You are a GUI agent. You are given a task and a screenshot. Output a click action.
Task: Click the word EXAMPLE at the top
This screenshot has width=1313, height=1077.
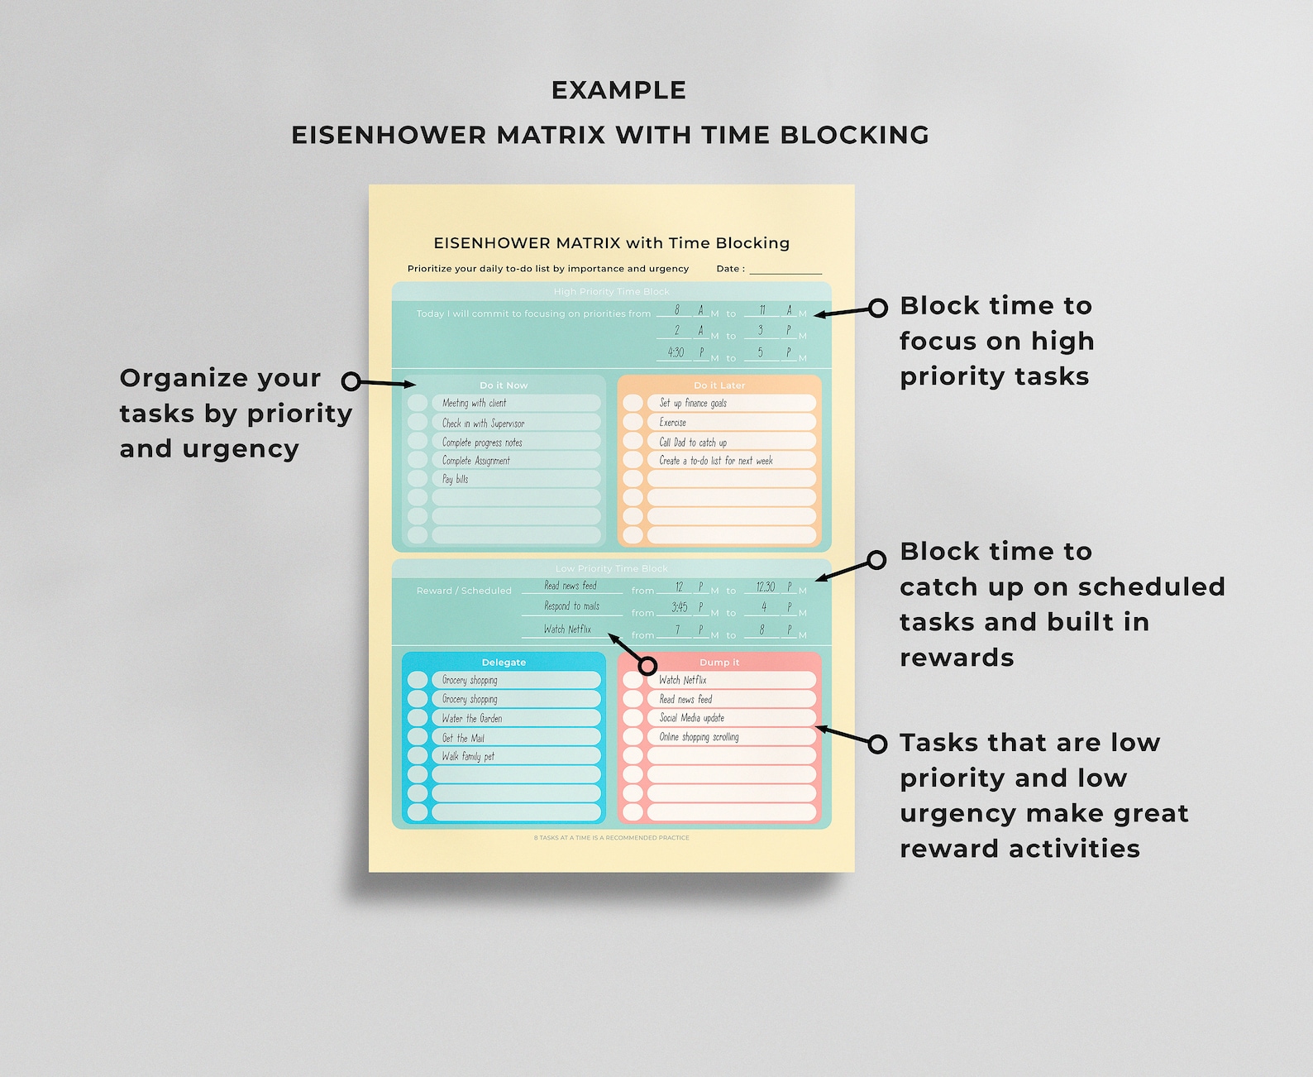point(618,90)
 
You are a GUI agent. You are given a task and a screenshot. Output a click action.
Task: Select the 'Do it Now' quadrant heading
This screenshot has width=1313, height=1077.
point(504,385)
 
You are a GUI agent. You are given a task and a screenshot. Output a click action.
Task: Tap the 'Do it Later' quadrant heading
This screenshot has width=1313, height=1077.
point(719,385)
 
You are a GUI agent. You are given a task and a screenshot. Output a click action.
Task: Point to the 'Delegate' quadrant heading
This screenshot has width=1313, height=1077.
point(504,663)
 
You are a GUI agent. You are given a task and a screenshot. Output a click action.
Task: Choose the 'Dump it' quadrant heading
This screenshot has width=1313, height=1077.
point(719,663)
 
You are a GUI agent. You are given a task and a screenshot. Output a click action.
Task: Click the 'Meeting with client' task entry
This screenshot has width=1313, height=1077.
point(475,403)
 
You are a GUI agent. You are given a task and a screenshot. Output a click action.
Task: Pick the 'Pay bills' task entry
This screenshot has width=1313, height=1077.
point(456,479)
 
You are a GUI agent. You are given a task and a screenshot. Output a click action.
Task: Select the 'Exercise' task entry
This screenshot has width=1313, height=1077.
point(673,422)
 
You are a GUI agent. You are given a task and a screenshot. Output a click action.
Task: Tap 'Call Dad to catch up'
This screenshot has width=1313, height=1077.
point(693,442)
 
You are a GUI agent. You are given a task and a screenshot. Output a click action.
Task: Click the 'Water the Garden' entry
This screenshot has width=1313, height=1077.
point(472,718)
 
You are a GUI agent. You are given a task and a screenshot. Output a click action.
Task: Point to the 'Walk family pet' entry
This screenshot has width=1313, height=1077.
point(468,756)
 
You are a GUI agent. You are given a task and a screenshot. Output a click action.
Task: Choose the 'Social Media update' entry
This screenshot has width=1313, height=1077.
point(692,718)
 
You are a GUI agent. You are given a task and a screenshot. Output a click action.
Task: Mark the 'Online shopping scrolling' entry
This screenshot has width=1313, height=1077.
point(699,737)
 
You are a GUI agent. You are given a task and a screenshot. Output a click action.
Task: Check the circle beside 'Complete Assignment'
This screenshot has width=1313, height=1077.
point(418,460)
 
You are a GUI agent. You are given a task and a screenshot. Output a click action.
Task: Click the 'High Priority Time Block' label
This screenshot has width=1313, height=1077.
point(612,291)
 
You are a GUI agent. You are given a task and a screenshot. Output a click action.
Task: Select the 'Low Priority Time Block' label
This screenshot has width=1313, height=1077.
point(612,568)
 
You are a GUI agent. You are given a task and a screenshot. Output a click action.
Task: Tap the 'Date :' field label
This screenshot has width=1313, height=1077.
point(730,269)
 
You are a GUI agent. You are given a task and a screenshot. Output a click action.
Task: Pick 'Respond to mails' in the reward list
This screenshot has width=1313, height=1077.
point(571,606)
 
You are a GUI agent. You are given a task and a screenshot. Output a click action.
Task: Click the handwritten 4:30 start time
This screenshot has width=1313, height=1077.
point(676,352)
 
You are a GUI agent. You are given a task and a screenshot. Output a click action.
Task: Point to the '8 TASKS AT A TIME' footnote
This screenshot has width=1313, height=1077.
point(612,838)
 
